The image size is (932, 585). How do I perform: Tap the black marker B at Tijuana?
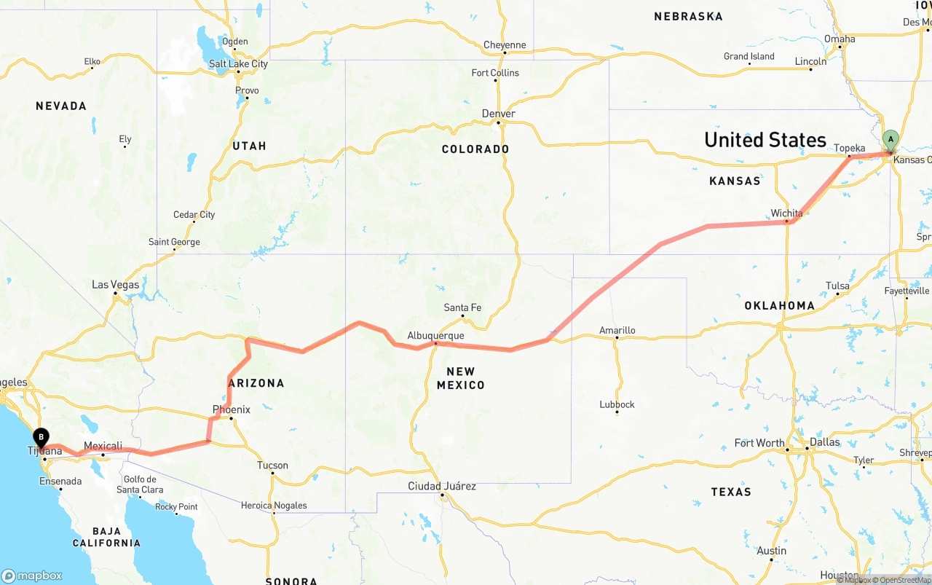[42, 438]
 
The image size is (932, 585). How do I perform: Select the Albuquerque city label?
[435, 336]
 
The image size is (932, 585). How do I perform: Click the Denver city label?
[498, 114]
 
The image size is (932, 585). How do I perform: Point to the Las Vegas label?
[115, 285]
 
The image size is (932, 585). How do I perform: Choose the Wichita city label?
[786, 213]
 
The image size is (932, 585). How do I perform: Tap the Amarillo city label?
[617, 330]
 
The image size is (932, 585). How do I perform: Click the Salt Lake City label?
[238, 64]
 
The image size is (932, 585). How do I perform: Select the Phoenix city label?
[231, 409]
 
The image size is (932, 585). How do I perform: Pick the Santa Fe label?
[462, 307]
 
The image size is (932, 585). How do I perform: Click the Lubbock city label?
[617, 404]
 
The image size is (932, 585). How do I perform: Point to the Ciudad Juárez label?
[442, 486]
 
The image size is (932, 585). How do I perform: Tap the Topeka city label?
[849, 148]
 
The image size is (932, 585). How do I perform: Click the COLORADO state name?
[475, 149]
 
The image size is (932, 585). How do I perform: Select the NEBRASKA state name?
[688, 16]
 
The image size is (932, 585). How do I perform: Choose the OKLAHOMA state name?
[779, 305]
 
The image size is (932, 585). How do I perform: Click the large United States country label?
[765, 140]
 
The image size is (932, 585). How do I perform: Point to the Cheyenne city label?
[505, 45]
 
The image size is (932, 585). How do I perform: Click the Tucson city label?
[272, 466]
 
